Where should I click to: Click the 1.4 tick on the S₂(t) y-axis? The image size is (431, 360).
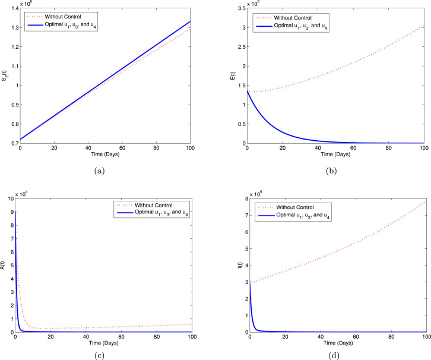(14, 8)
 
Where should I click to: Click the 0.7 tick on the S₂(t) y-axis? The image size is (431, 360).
(14, 143)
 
